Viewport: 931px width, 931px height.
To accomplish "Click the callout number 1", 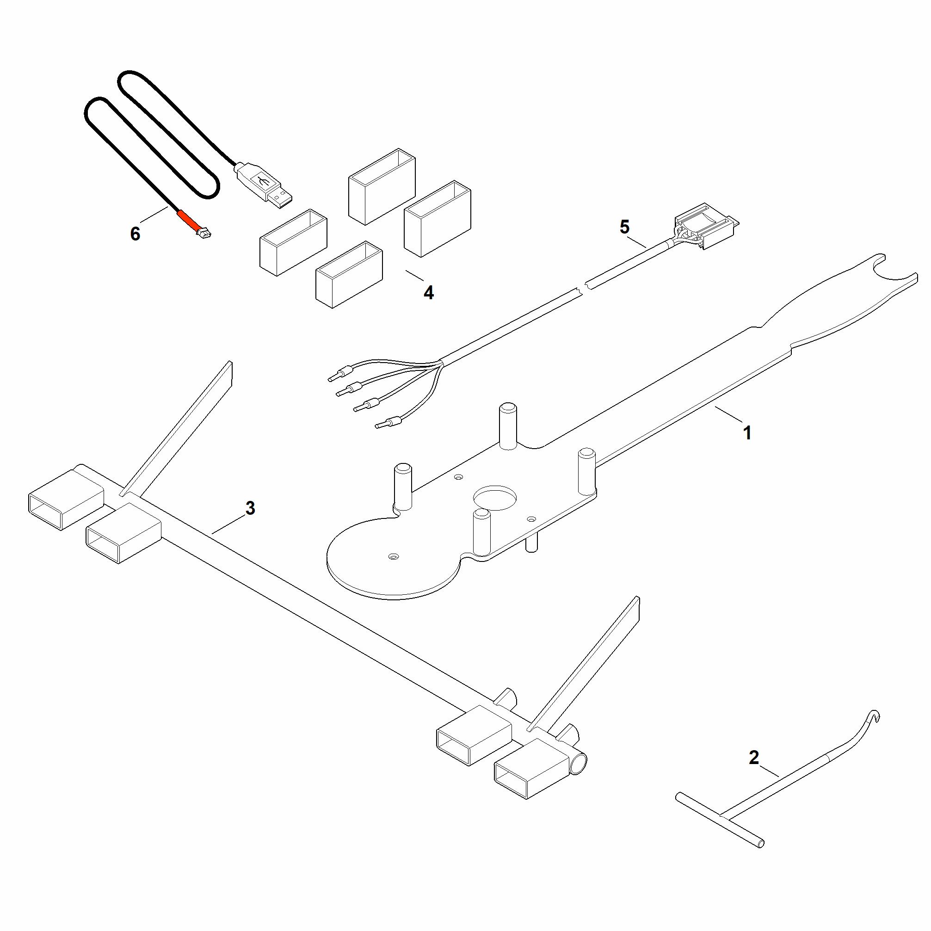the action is (747, 433).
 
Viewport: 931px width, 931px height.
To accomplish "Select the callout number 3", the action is (250, 508).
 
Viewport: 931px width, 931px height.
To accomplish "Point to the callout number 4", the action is (428, 292).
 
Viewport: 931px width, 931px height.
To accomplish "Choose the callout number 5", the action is (624, 227).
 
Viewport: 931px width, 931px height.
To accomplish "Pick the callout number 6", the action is (135, 234).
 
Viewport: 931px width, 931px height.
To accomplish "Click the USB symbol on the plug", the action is (263, 182).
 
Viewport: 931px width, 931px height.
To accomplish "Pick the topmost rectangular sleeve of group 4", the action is (382, 186).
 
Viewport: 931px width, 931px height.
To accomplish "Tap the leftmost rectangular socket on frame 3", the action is (66, 499).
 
